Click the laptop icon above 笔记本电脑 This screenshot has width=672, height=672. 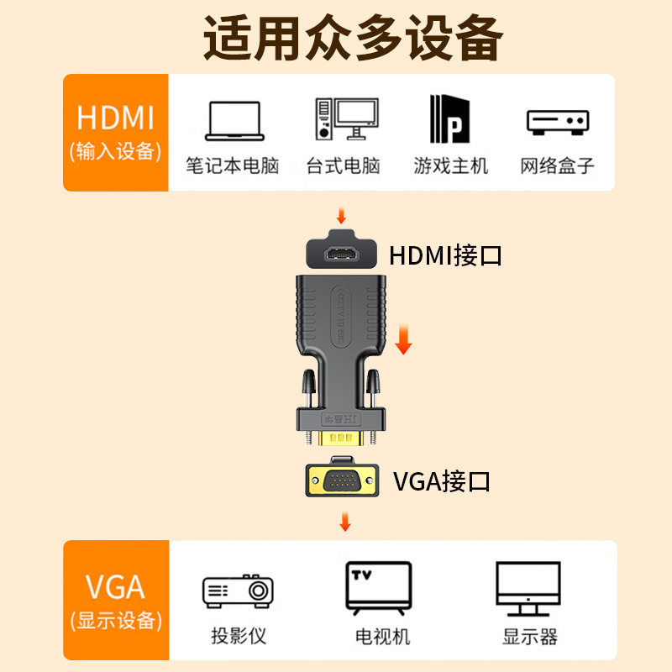235,121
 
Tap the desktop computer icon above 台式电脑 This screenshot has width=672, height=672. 346,119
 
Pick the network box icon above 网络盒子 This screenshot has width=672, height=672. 557,121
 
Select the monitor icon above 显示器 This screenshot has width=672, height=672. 528,588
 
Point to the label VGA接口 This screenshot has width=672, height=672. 441,481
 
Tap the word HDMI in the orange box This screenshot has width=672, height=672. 115,117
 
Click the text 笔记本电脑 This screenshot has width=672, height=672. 233,165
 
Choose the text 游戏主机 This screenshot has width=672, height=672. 450,165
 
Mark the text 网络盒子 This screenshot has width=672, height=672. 557,165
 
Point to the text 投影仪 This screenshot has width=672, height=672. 239,636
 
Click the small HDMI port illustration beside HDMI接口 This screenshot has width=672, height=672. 340,251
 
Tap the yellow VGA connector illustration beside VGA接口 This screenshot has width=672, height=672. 340,480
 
